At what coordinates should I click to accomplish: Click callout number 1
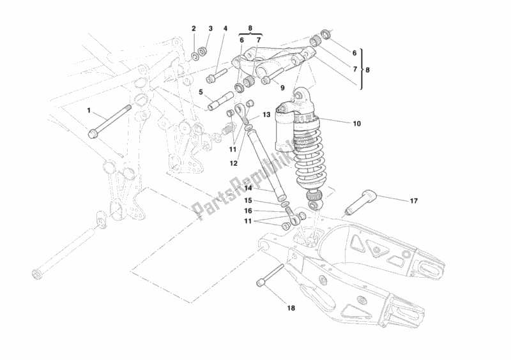coord(89,111)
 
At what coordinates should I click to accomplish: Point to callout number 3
coord(209,29)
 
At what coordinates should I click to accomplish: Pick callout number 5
coord(200,92)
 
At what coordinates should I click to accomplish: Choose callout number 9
coord(282,88)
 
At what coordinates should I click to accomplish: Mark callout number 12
coord(234,163)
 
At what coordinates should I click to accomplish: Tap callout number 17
coord(413,200)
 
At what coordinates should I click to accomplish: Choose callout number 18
coord(291,308)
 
